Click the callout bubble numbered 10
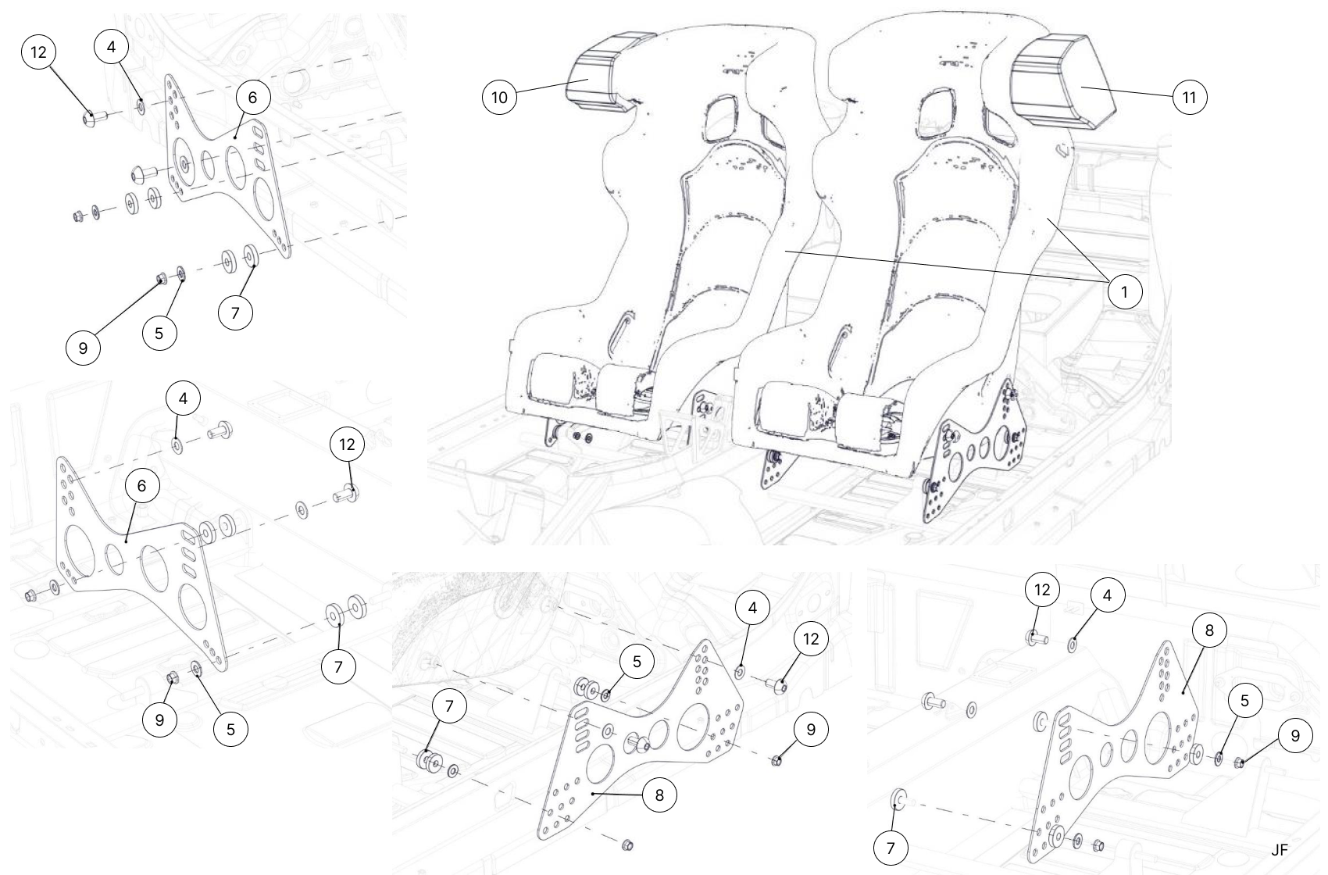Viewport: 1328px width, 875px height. (500, 98)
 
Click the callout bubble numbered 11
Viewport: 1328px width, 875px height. (1190, 98)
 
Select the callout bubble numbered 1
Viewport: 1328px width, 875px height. (1125, 291)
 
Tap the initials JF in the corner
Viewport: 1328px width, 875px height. (1279, 850)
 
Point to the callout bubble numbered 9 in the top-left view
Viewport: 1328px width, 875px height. (84, 348)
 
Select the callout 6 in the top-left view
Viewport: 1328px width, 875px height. (252, 98)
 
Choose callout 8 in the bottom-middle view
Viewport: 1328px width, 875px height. (659, 795)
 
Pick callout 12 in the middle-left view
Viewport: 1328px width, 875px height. (347, 445)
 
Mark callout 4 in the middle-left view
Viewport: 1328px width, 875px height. (183, 398)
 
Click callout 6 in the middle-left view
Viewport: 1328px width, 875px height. (141, 486)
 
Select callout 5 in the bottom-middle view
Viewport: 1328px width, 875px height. (637, 662)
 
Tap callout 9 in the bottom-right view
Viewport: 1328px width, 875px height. (1296, 736)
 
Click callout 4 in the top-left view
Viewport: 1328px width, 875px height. (111, 47)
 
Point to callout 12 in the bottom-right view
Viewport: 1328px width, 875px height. (1042, 590)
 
